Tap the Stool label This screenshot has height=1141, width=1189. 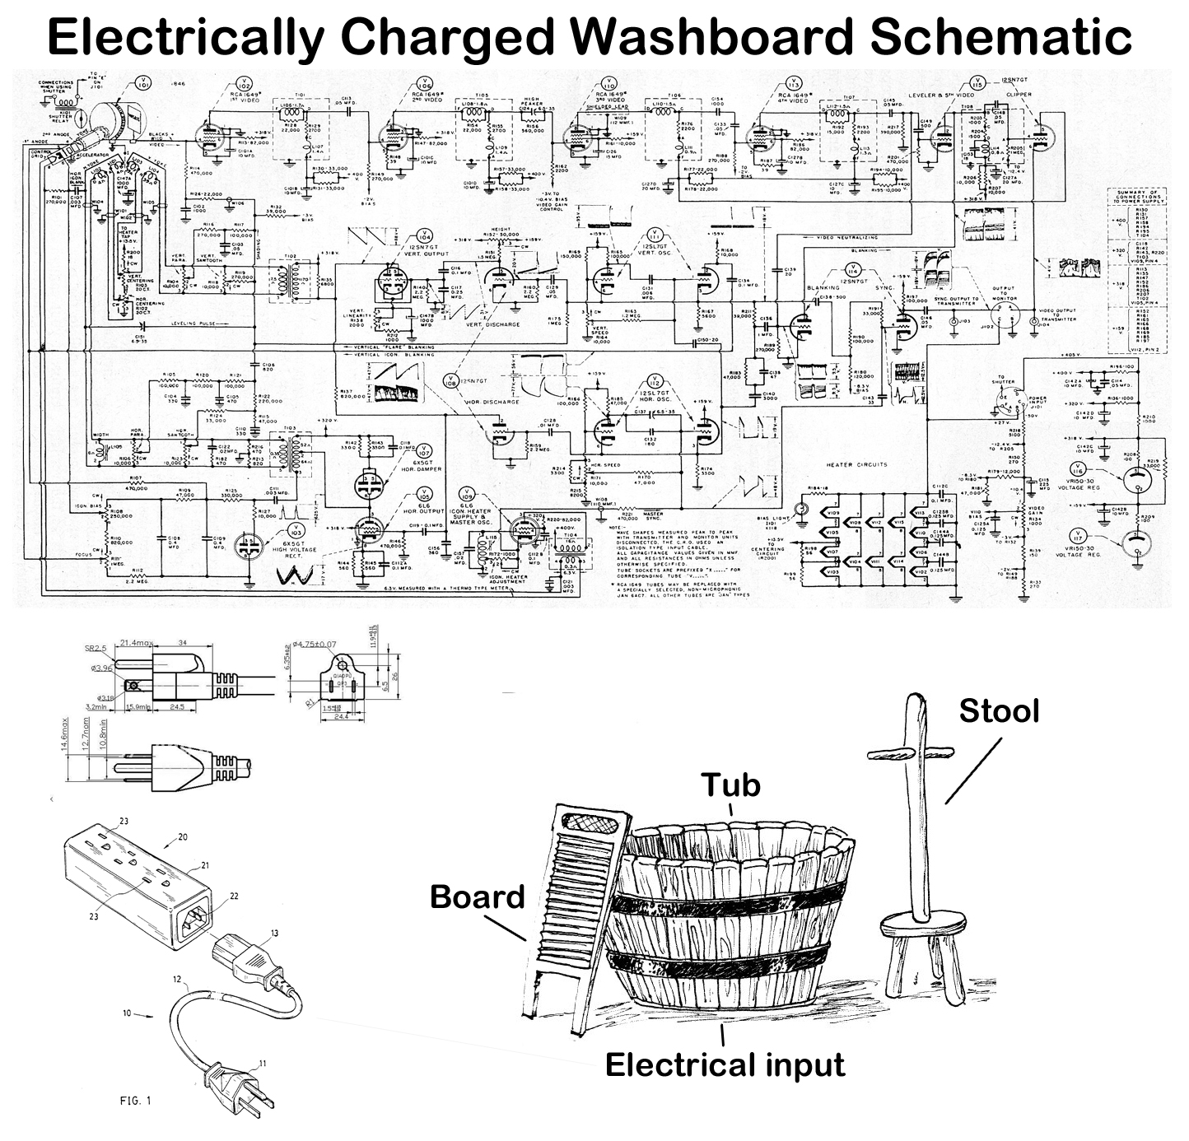tap(999, 710)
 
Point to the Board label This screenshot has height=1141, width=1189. tap(478, 896)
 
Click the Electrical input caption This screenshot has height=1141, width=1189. tap(725, 1064)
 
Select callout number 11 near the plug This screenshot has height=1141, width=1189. tap(261, 1064)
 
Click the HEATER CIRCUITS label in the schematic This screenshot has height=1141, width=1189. tap(857, 464)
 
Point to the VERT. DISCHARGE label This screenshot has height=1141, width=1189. tap(492, 324)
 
